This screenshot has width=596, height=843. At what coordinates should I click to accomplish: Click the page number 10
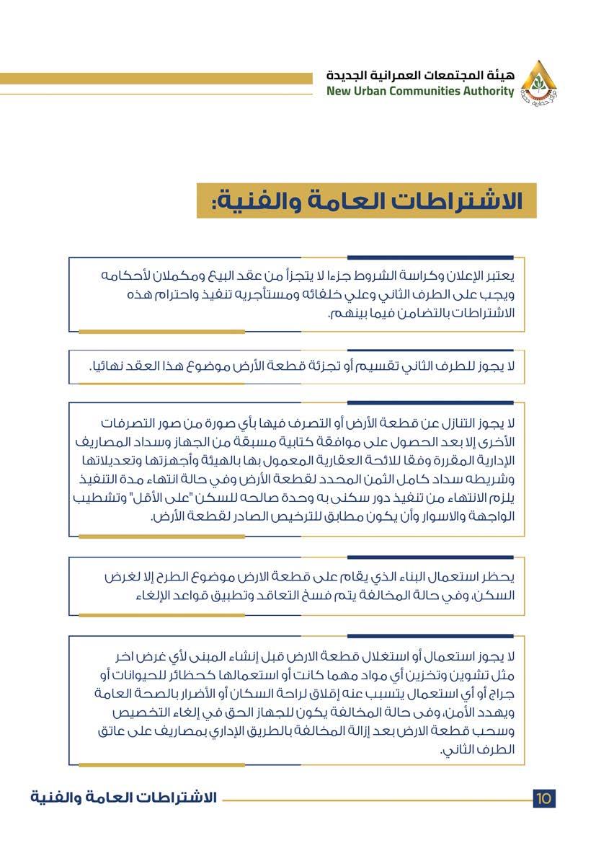(x=544, y=798)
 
